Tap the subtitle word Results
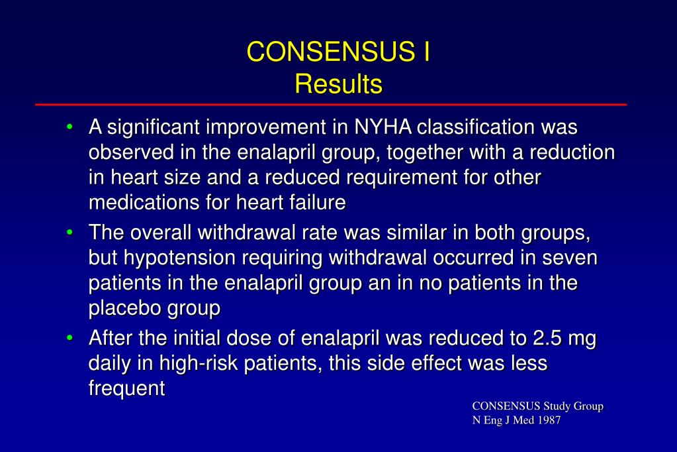[x=338, y=84]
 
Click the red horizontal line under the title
[x=331, y=105]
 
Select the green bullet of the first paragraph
[x=70, y=126]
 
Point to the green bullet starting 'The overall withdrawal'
[x=70, y=233]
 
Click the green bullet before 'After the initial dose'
[x=70, y=339]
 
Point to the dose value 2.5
[x=546, y=339]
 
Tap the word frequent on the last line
[x=126, y=389]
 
